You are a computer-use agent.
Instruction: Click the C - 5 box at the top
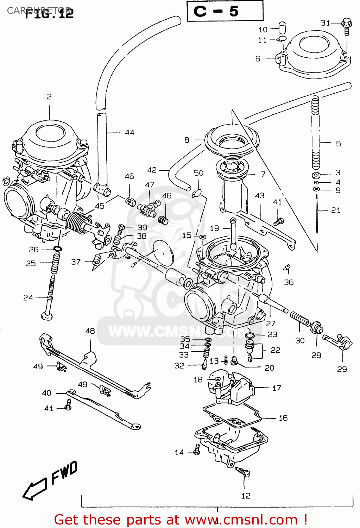click(225, 11)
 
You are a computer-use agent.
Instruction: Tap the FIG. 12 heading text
click(49, 13)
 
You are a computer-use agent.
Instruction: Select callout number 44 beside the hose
click(130, 133)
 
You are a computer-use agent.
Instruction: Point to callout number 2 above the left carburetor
click(49, 96)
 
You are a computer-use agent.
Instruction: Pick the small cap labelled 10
click(282, 27)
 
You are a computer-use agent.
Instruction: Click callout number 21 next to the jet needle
click(336, 210)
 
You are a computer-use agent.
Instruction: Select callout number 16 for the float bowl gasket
click(283, 418)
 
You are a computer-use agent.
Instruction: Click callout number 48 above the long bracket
click(90, 331)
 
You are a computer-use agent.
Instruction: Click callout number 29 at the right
click(342, 369)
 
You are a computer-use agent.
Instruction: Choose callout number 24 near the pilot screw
click(28, 298)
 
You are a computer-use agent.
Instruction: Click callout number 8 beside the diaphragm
click(187, 140)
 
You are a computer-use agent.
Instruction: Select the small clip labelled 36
click(287, 269)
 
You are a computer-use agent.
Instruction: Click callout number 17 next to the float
click(277, 388)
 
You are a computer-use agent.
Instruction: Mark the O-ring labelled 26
click(57, 249)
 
